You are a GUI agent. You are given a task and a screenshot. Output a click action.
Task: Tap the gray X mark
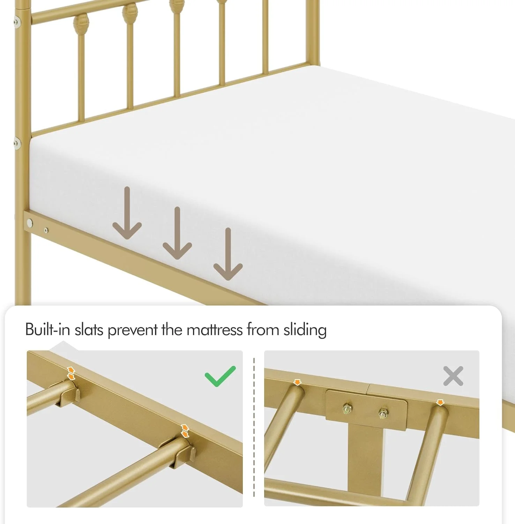453,376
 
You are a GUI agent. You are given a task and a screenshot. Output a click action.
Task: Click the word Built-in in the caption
48,329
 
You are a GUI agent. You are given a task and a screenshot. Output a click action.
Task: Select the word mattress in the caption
215,329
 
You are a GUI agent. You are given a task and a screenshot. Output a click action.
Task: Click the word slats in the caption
89,329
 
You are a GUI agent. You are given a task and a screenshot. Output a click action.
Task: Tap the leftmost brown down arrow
127,213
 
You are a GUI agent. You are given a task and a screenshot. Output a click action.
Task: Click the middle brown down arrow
177,233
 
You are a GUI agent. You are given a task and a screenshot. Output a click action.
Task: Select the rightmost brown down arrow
228,254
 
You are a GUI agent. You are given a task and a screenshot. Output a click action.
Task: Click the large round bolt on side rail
30,222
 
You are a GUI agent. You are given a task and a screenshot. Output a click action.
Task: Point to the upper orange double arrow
71,373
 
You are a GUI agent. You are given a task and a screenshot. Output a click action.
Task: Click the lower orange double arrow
185,431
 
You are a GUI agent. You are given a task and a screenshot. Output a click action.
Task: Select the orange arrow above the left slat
297,382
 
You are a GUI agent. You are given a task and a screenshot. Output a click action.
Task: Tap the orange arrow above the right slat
440,402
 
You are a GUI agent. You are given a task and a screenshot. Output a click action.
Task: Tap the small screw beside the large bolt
46,230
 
